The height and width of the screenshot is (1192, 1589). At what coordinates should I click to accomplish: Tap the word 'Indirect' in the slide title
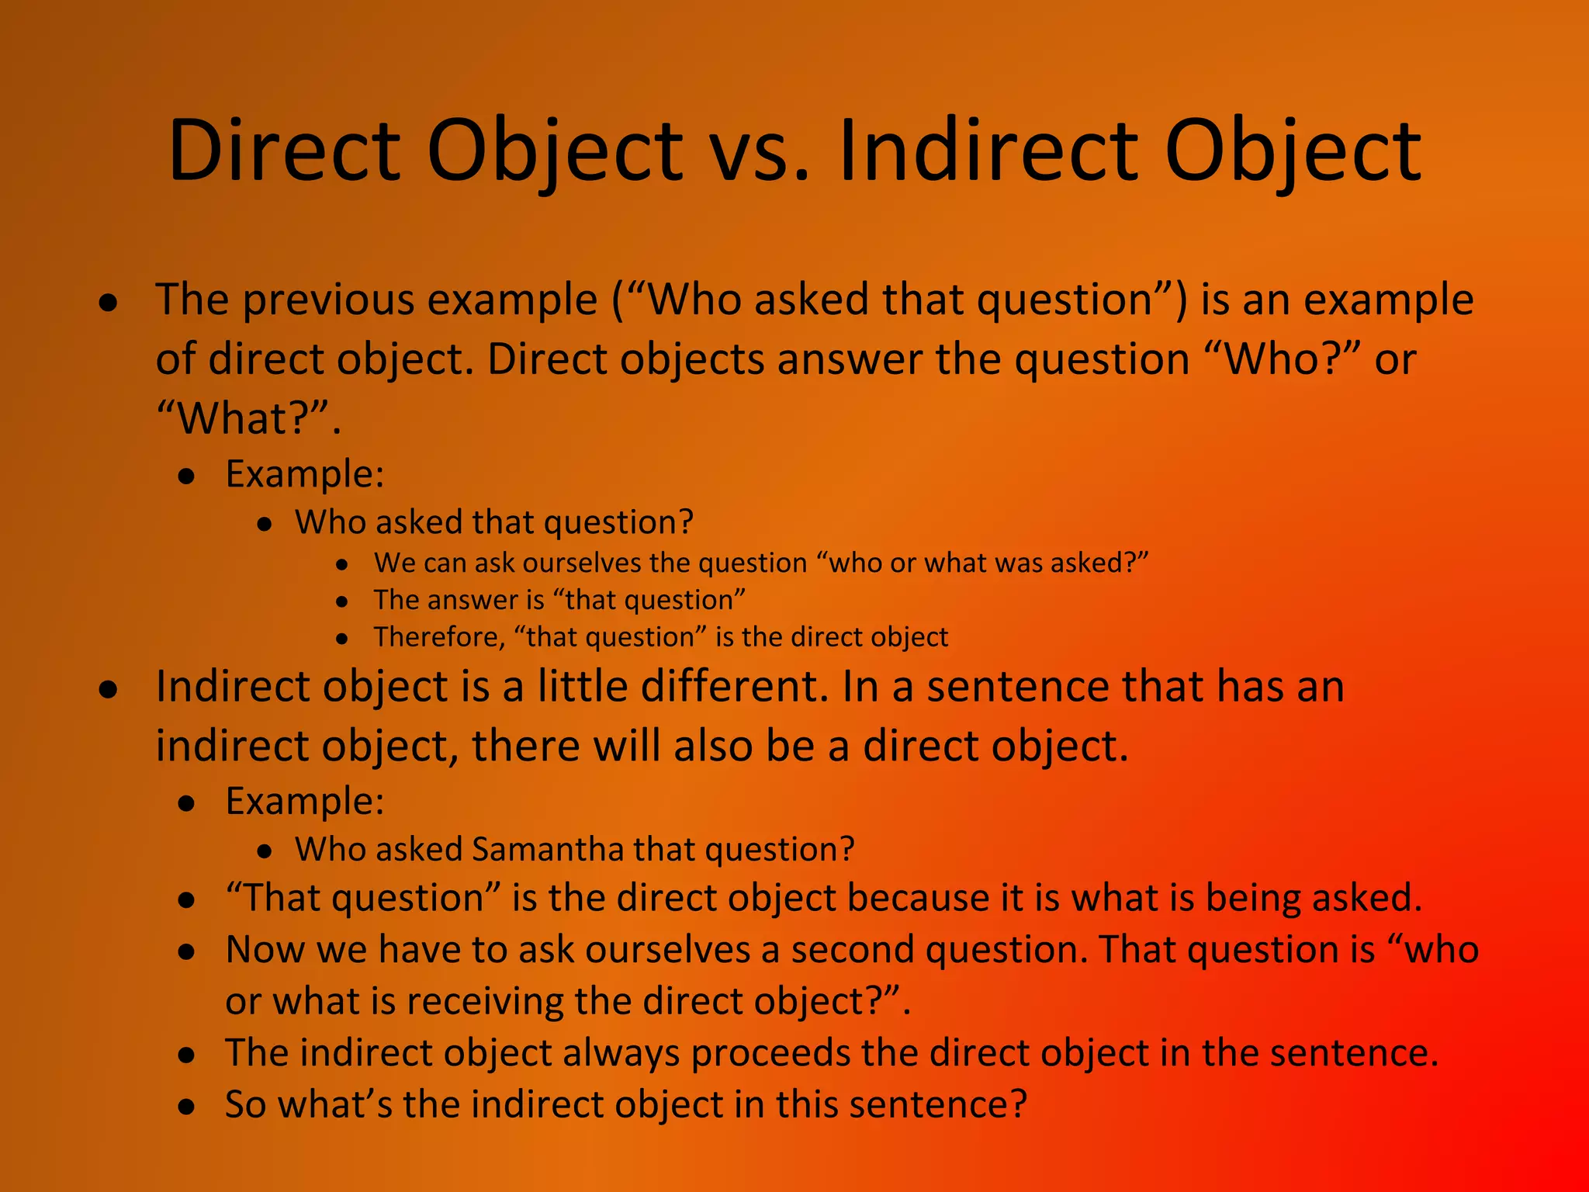click(x=987, y=151)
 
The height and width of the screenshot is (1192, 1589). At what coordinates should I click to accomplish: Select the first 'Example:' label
click(x=305, y=474)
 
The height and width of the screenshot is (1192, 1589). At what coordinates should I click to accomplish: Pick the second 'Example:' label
click(x=305, y=802)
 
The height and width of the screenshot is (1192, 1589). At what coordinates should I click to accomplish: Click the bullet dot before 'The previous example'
click(x=109, y=303)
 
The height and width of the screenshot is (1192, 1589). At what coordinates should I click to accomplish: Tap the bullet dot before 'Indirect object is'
click(x=109, y=689)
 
